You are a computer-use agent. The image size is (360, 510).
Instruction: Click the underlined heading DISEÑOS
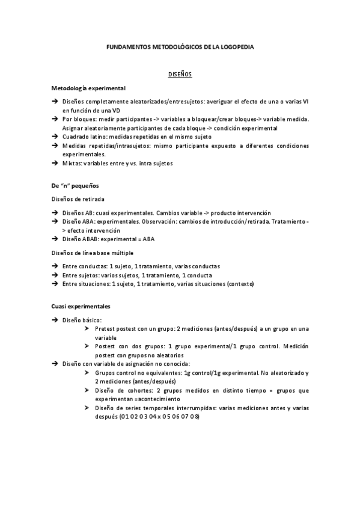(x=179, y=74)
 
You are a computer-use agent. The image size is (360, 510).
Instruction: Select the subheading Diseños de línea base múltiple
(x=93, y=253)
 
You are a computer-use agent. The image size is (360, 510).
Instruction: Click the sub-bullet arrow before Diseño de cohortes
(x=88, y=390)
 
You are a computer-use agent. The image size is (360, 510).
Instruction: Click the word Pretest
(x=105, y=328)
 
